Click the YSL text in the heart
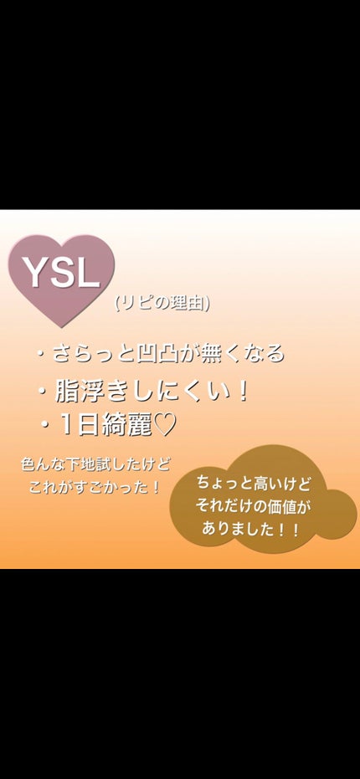pyautogui.click(x=61, y=272)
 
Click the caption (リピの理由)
pyautogui.click(x=162, y=304)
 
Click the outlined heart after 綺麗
pyautogui.click(x=166, y=425)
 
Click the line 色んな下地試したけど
pyautogui.click(x=95, y=464)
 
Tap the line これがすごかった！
pyautogui.click(x=95, y=486)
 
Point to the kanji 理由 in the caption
pyautogui.click(x=184, y=304)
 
